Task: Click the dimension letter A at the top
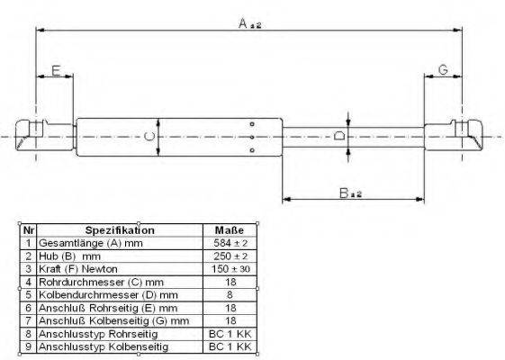[243, 23]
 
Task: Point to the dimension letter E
[56, 70]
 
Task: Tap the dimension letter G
[443, 69]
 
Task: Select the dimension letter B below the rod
[344, 193]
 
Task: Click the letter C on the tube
[149, 137]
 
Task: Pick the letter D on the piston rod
[339, 136]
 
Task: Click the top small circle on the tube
[252, 124]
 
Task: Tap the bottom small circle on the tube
[252, 150]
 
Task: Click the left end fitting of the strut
[45, 135]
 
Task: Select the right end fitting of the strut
[454, 135]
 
